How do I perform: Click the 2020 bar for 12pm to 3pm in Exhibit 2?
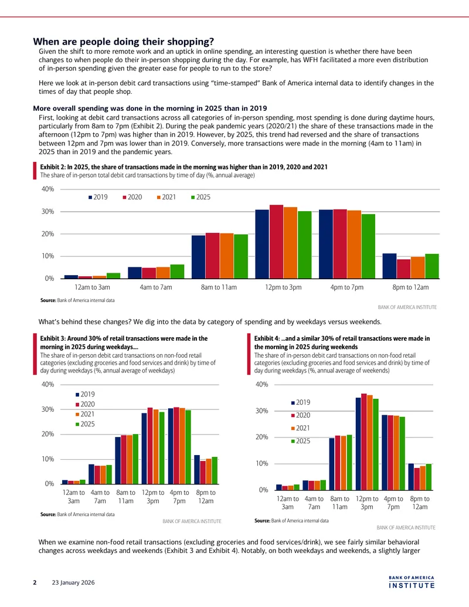point(276,242)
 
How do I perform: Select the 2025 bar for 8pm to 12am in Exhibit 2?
point(432,266)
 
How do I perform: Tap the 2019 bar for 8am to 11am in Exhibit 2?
point(199,257)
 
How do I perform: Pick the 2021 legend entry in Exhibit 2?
point(166,197)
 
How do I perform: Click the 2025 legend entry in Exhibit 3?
point(85,424)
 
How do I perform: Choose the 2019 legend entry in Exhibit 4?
point(301,402)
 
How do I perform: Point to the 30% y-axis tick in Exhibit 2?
point(48,211)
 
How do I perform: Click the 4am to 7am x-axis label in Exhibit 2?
point(156,287)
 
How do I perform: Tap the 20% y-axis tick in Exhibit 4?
point(261,437)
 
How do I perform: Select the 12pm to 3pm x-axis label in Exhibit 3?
point(153,497)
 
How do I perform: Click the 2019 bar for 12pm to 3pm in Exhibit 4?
point(358,443)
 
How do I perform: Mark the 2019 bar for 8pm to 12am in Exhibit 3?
point(197,470)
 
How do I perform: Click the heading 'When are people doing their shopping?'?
point(124,42)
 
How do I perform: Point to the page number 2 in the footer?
point(35,582)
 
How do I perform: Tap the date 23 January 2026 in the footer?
point(73,582)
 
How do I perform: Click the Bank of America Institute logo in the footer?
point(412,582)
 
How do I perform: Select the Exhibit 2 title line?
point(184,167)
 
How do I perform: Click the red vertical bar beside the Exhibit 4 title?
point(249,354)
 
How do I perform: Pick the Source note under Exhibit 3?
point(77,514)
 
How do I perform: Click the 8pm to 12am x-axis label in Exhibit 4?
point(420,503)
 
